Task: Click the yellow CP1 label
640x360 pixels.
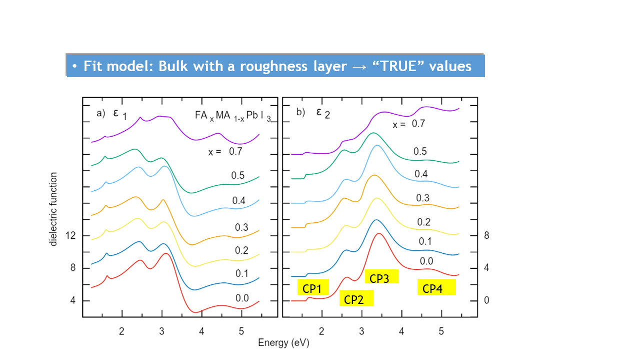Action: tap(313, 287)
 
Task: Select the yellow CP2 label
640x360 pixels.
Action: tap(356, 299)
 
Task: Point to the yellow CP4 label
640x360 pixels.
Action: tap(436, 288)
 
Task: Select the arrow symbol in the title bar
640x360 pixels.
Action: tap(358, 67)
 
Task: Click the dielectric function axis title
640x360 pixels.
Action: tap(53, 209)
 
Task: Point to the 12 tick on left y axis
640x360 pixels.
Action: tap(69, 235)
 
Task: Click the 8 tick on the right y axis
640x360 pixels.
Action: tap(486, 235)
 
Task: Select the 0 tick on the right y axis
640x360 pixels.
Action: tap(486, 300)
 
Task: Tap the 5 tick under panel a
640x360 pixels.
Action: tap(241, 330)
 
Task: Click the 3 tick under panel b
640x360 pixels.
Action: tap(361, 330)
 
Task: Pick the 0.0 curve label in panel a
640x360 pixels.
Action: tap(242, 298)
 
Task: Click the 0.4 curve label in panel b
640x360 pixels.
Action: tap(420, 174)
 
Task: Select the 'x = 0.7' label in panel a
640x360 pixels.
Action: tap(221, 151)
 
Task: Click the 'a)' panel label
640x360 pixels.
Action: tap(100, 113)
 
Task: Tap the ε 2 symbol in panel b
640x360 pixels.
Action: tap(322, 113)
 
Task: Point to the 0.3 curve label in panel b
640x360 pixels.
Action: tap(423, 198)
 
